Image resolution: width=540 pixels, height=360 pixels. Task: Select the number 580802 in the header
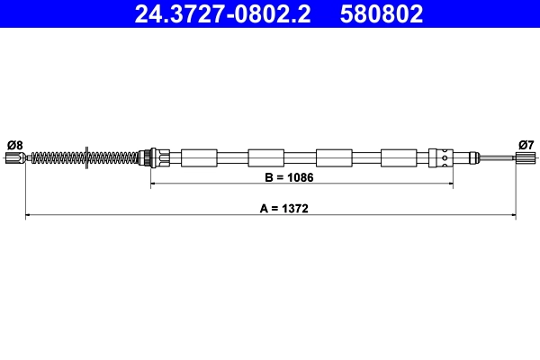382,13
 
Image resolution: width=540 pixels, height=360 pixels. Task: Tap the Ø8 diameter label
14,144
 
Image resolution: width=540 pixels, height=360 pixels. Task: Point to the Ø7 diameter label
526,144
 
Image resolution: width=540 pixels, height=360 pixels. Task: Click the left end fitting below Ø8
13,158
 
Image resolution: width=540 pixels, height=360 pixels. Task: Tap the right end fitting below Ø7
525,158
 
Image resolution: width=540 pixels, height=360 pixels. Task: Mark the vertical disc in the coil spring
85,158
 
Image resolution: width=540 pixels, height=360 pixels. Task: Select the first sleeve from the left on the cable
199,157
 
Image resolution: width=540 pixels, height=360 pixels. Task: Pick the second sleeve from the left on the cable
265,157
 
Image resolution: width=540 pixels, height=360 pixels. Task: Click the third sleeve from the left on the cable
334,157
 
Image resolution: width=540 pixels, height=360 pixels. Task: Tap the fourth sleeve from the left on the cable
399,157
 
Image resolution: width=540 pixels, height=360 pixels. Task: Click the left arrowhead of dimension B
153,184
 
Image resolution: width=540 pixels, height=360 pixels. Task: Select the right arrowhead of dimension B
449,184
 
